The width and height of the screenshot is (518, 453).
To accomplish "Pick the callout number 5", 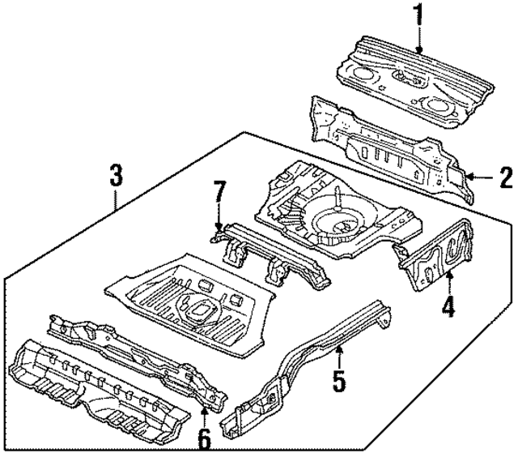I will pyautogui.click(x=339, y=378).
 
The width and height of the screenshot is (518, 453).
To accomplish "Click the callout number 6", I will pyautogui.click(x=203, y=439).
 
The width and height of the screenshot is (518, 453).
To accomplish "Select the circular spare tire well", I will pyautogui.click(x=334, y=220).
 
